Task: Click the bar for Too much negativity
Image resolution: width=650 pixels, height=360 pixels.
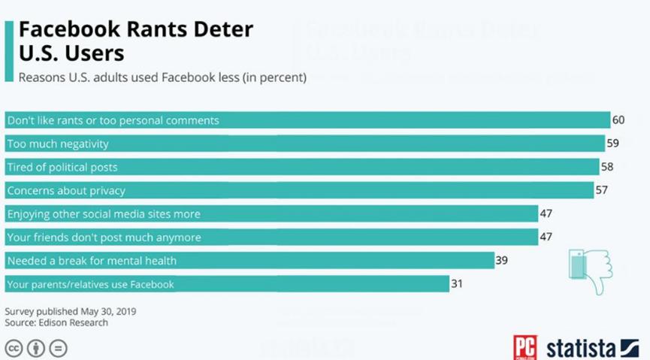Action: point(304,144)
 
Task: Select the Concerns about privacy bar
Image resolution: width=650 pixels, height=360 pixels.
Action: point(299,190)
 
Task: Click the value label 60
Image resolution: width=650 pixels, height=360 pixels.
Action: point(618,120)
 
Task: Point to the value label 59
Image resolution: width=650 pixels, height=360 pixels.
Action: point(613,144)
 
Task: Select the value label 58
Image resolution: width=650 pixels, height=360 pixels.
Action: point(608,167)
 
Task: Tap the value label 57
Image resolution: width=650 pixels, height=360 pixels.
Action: point(601,190)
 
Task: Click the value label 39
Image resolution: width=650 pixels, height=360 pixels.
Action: point(503,260)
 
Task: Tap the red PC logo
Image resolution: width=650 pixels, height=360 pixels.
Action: point(525,347)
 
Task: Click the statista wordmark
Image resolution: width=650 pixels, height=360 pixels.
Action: point(582,348)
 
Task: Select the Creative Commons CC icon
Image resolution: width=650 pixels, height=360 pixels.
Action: point(14,348)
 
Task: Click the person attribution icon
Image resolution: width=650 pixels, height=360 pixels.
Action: point(35,348)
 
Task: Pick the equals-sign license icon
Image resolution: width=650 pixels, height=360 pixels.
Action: point(58,348)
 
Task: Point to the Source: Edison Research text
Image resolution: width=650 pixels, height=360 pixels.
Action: point(56,322)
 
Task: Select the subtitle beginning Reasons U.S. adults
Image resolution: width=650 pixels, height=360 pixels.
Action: point(162,77)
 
